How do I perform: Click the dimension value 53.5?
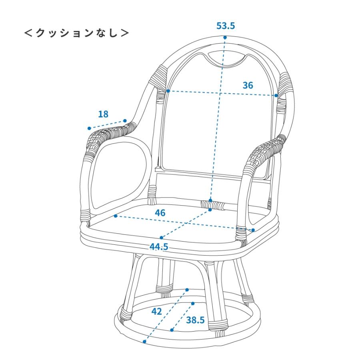click(x=226, y=26)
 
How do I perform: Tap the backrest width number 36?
click(x=248, y=85)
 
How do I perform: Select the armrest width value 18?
click(x=103, y=114)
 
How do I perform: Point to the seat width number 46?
click(x=160, y=212)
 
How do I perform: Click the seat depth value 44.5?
click(x=159, y=246)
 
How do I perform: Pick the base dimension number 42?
click(x=157, y=311)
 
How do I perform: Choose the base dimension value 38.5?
click(x=195, y=320)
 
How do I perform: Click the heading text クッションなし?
click(x=77, y=32)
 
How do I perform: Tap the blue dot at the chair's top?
click(x=225, y=38)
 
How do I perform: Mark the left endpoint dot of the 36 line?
click(x=168, y=91)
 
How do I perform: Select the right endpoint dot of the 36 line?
click(x=276, y=96)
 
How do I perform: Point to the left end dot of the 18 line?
click(x=89, y=128)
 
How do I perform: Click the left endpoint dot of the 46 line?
click(x=115, y=216)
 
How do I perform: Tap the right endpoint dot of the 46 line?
click(x=253, y=230)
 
